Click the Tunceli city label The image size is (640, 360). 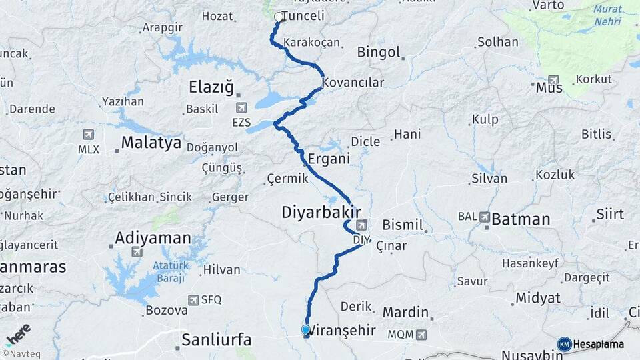click(303, 16)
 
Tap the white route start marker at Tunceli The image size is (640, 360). click(279, 17)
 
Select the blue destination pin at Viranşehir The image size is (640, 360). click(306, 329)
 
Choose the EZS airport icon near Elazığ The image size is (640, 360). click(241, 107)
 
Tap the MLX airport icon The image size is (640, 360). click(89, 135)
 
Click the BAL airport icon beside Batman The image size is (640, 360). click(484, 217)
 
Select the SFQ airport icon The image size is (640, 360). click(193, 300)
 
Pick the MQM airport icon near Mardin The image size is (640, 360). click(421, 334)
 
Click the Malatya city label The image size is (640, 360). click(151, 142)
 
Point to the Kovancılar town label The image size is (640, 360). click(353, 83)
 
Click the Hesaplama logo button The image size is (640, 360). click(592, 344)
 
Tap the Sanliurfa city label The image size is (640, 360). click(217, 340)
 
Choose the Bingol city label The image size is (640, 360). click(378, 52)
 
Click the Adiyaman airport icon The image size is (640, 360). click(137, 251)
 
